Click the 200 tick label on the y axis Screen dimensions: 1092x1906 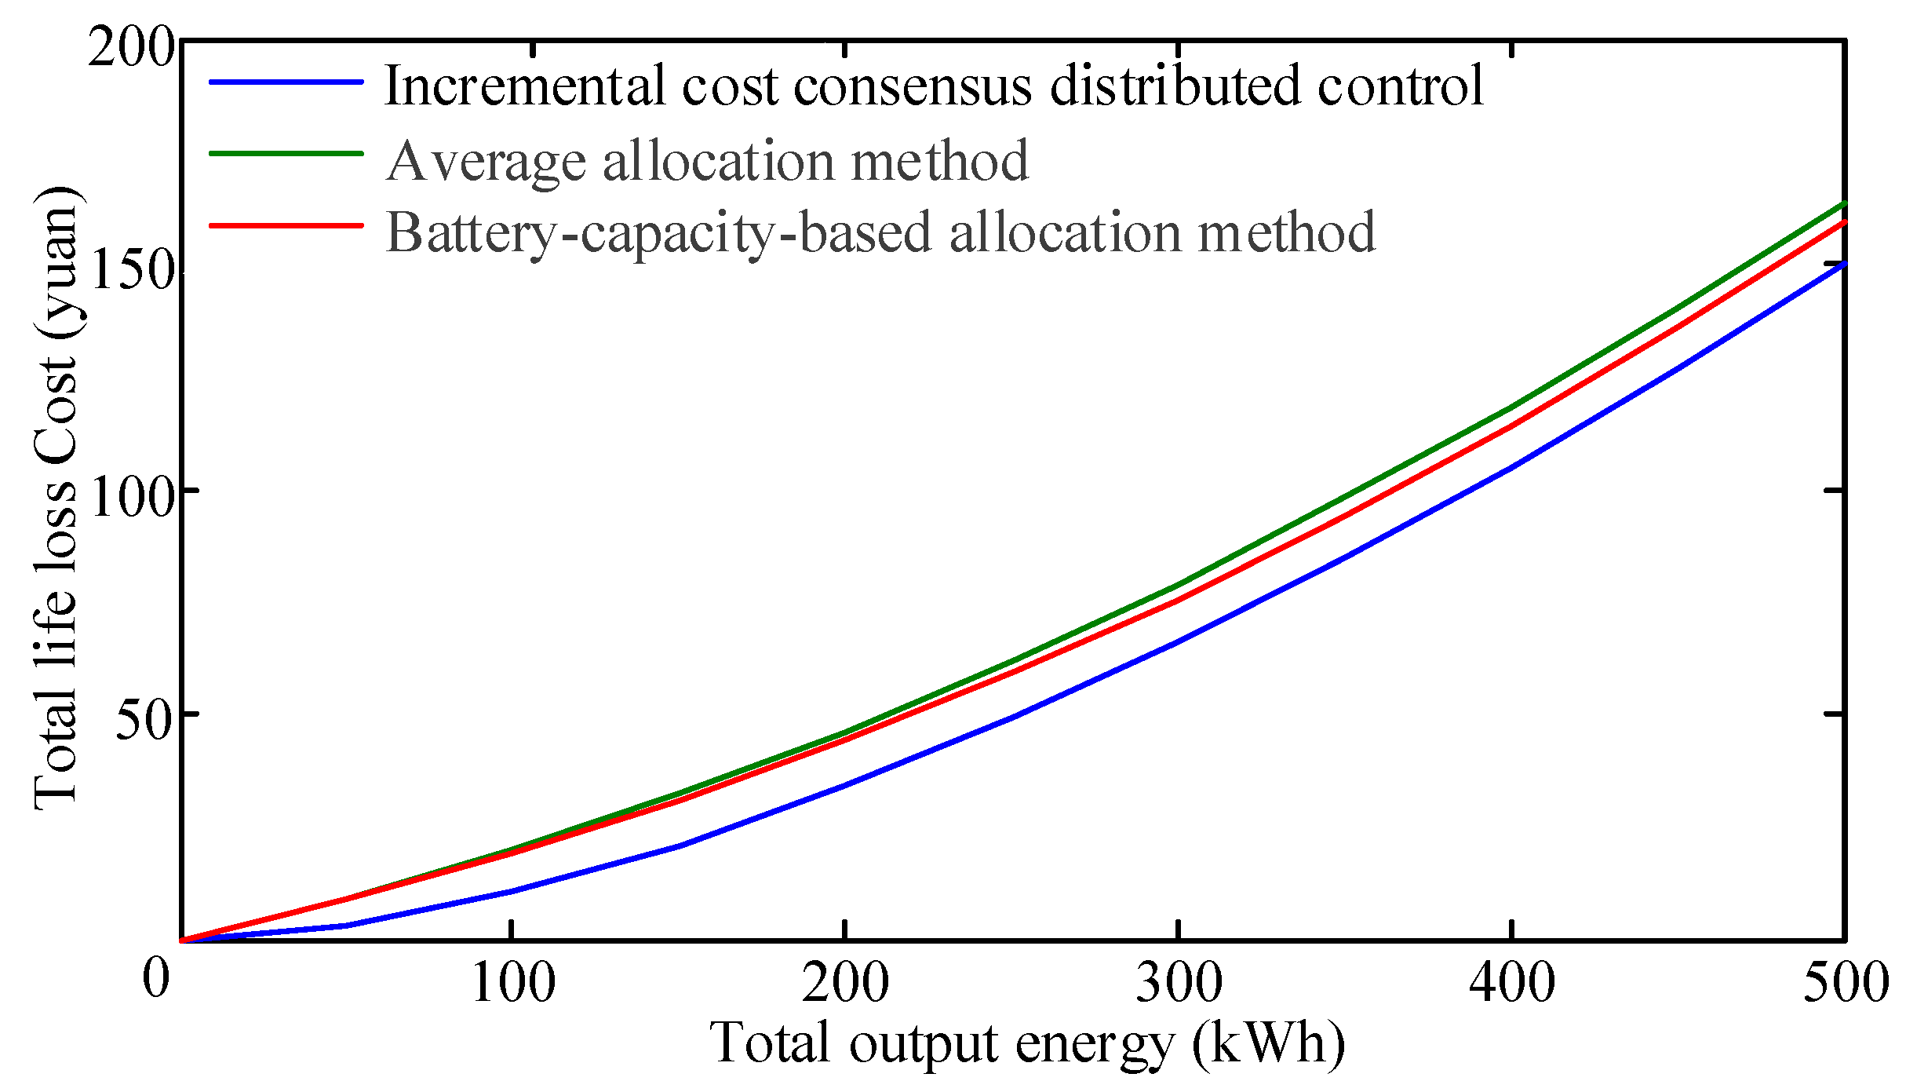click(130, 49)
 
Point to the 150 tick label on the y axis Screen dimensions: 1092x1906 click(130, 272)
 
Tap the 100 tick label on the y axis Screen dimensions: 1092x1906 click(130, 496)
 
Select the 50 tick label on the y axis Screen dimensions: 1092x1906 click(144, 720)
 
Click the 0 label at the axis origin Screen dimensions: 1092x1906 click(156, 979)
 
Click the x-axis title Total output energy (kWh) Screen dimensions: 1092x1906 click(1027, 1045)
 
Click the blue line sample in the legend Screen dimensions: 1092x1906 click(286, 82)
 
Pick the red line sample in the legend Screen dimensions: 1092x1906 click(286, 226)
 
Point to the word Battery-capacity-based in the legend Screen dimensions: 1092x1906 click(659, 233)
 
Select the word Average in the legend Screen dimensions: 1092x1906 click(487, 161)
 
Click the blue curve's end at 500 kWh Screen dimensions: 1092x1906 click(1842, 265)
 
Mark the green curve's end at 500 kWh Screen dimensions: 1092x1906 click(1842, 205)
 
